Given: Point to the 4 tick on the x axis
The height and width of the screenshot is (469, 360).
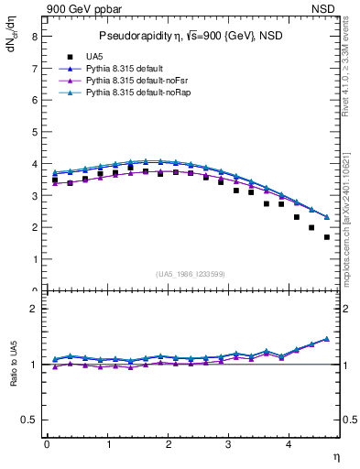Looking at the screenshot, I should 289,444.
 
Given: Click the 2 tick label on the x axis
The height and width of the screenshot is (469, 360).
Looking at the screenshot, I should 169,444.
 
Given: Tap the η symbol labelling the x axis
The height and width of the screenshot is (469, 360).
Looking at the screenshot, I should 337,456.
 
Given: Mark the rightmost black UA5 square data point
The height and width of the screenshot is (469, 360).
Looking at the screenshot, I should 327,237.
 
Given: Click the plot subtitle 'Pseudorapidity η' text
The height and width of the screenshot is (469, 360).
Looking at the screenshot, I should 139,36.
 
